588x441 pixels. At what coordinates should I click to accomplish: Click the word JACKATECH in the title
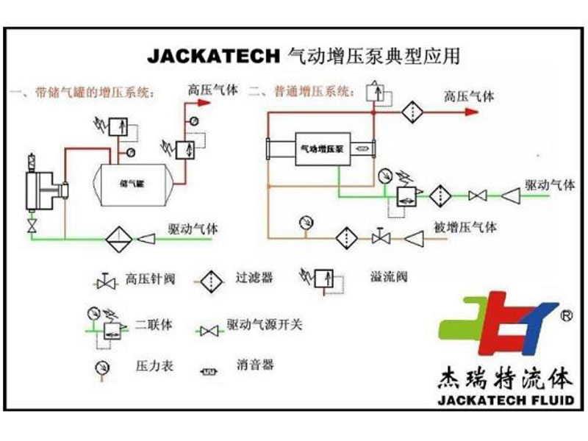214,56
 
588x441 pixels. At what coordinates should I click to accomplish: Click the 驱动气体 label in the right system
549,184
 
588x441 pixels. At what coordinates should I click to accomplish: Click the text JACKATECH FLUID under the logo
503,401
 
